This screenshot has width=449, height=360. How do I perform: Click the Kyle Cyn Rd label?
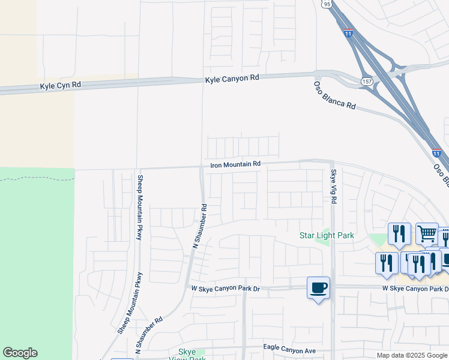[60, 86]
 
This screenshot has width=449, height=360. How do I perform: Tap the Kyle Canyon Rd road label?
[232, 78]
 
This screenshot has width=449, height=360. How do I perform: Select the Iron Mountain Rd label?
[235, 164]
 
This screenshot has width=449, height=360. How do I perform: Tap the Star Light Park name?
[327, 236]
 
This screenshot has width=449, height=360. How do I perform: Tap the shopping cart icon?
[427, 233]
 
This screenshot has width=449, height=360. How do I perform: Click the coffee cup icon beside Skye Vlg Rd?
[318, 288]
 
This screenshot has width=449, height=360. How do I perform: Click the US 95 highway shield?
[326, 4]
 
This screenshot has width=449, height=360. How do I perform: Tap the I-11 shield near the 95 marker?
[348, 32]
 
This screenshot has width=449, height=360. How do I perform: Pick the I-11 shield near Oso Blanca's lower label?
[436, 154]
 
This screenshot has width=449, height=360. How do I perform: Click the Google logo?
[20, 353]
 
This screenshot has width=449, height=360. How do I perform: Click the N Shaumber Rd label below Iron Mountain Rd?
[199, 226]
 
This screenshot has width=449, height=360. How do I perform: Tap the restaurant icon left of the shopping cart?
[399, 233]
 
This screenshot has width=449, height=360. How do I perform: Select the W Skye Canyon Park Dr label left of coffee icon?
[225, 289]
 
